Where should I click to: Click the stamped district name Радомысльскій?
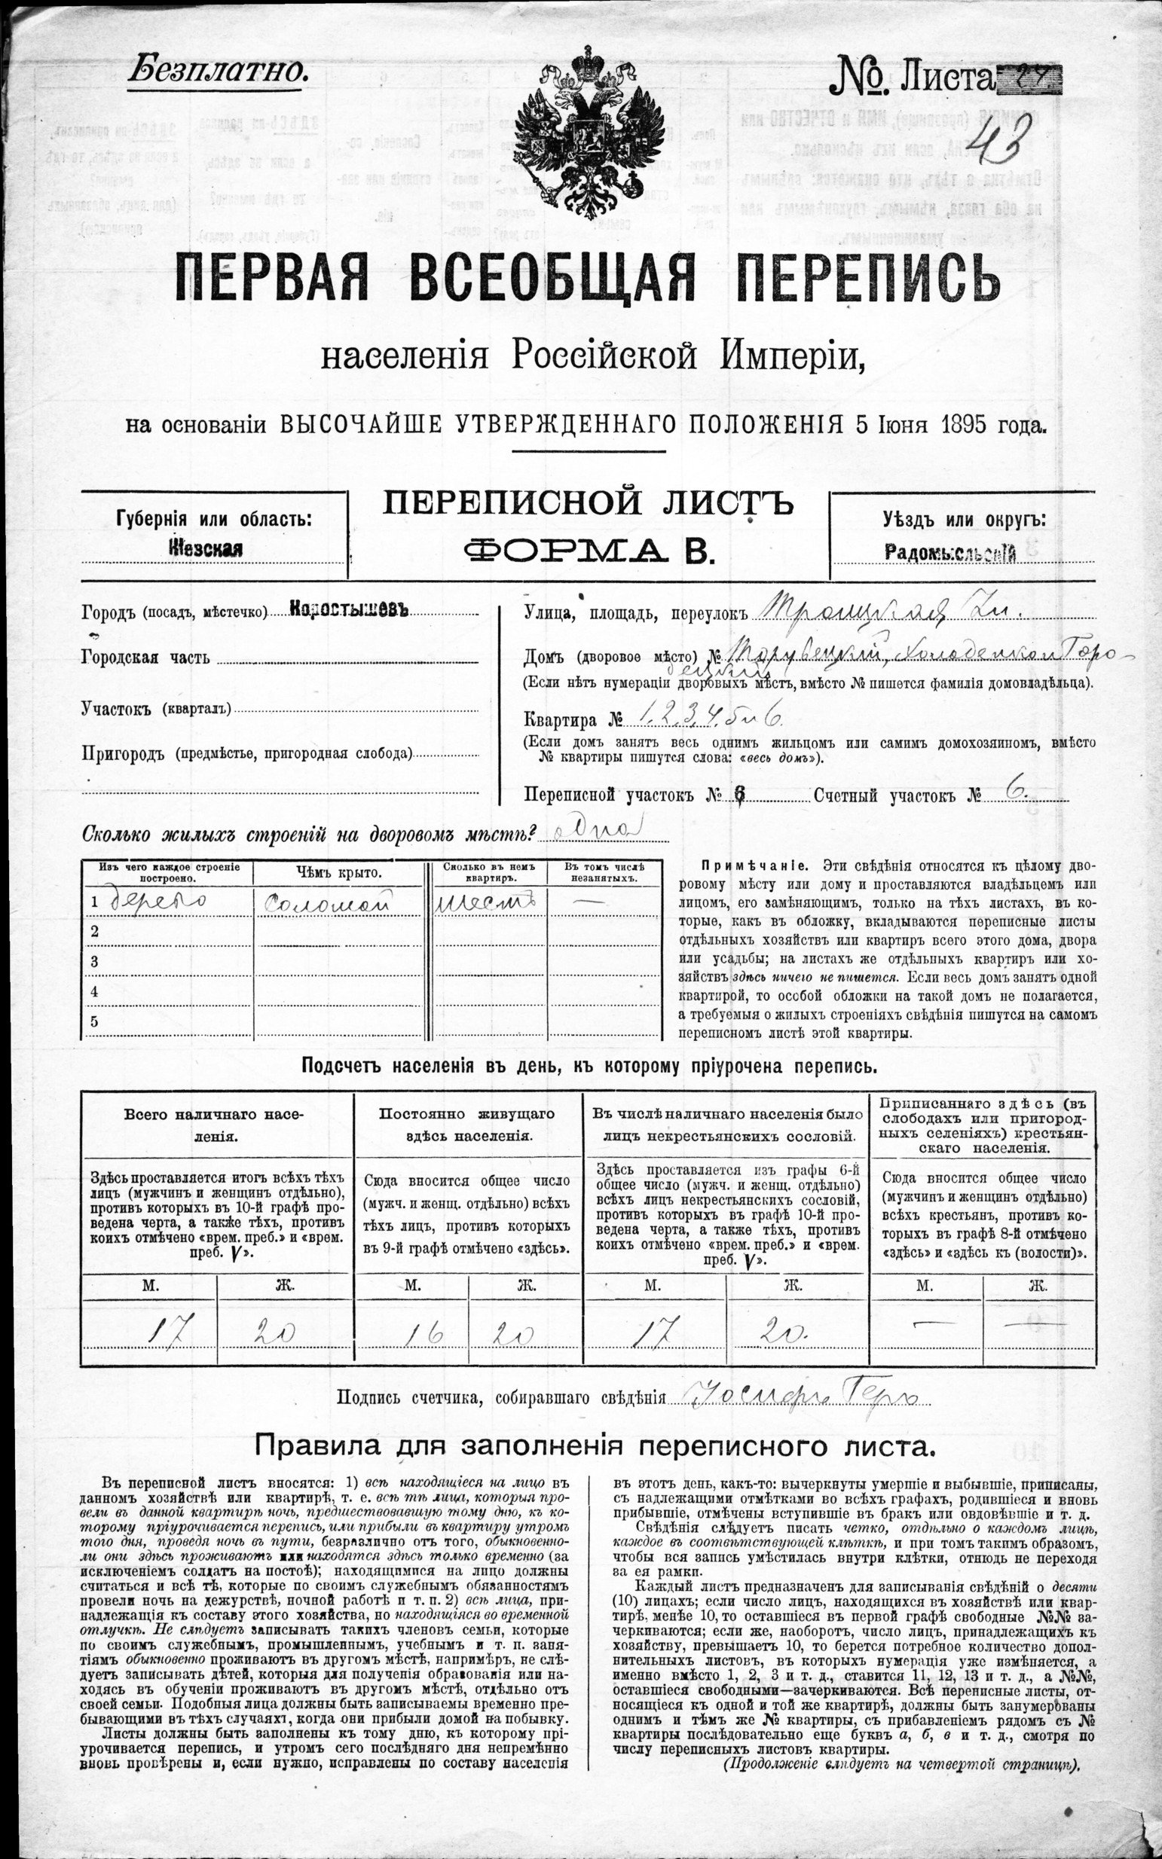click(x=951, y=552)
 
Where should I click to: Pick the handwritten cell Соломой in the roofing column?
click(x=328, y=902)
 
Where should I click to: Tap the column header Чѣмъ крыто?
click(x=338, y=873)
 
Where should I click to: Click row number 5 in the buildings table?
click(x=95, y=1021)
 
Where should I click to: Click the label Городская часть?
click(x=132, y=658)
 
